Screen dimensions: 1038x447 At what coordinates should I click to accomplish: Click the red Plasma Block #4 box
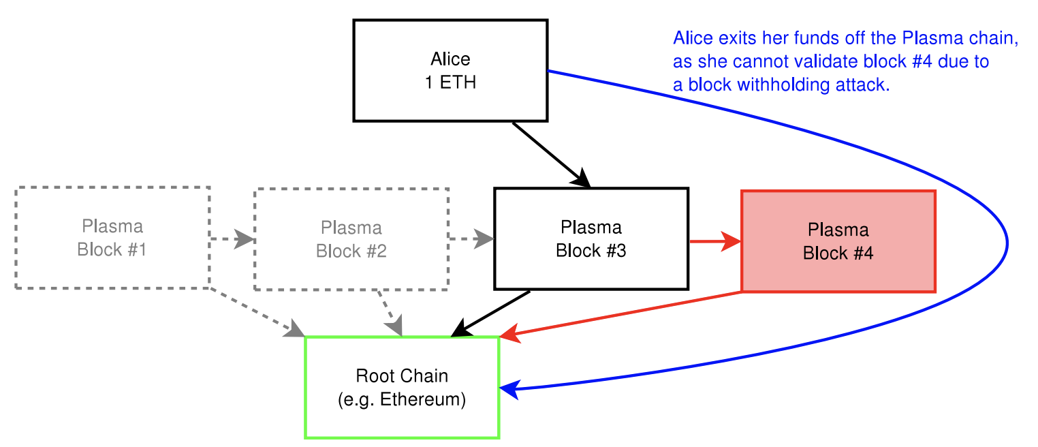pyautogui.click(x=838, y=241)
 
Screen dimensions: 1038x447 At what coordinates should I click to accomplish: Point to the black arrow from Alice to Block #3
pyautogui.click(x=551, y=155)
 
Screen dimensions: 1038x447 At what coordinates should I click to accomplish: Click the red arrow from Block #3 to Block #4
pyautogui.click(x=715, y=241)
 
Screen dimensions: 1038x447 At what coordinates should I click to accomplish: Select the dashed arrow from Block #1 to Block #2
pyautogui.click(x=232, y=238)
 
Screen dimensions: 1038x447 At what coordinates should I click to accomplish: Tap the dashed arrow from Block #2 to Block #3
pyautogui.click(x=472, y=238)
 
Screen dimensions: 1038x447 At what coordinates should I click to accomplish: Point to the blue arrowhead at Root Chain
pyautogui.click(x=509, y=388)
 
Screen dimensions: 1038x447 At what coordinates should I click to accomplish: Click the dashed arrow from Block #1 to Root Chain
pyautogui.click(x=257, y=312)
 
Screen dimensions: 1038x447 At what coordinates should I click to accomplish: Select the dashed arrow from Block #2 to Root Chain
pyautogui.click(x=390, y=313)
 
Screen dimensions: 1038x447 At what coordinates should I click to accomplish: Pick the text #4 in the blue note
pyautogui.click(x=920, y=61)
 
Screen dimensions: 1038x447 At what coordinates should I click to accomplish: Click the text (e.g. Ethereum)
pyautogui.click(x=402, y=399)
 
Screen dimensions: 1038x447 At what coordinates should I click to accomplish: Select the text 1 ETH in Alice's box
pyautogui.click(x=450, y=82)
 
